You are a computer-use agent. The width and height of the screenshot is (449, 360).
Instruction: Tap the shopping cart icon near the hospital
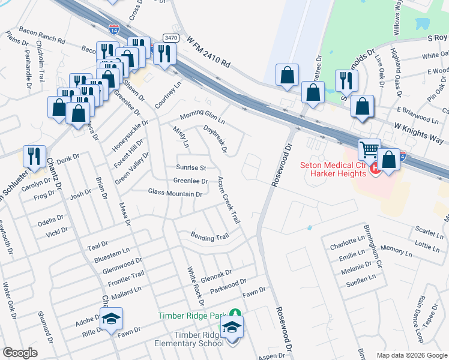click(370, 149)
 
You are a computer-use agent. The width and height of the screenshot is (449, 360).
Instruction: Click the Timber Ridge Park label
click(193, 316)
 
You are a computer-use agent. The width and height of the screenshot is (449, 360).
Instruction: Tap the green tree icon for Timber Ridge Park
click(237, 314)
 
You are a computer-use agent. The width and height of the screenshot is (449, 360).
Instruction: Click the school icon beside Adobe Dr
click(111, 319)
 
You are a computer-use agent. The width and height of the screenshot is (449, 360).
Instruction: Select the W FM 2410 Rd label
click(208, 53)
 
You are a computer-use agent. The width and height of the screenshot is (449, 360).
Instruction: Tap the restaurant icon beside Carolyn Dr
click(34, 156)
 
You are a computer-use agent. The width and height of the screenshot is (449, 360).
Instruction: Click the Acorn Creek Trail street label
click(229, 200)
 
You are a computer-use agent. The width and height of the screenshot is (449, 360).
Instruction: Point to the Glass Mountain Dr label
click(175, 194)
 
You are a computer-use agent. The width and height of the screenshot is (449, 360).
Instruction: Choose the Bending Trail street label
click(209, 237)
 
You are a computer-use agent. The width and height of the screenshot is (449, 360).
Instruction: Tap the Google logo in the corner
click(20, 352)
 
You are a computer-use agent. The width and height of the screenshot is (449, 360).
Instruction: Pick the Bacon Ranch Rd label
click(42, 38)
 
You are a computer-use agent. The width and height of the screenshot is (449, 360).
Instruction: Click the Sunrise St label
click(191, 167)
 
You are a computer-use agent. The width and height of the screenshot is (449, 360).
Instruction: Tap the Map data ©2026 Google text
click(411, 355)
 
